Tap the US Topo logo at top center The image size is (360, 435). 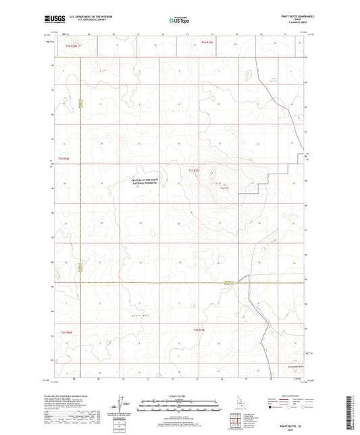[180, 21]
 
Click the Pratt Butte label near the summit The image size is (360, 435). [220, 187]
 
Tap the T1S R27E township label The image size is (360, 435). [195, 170]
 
